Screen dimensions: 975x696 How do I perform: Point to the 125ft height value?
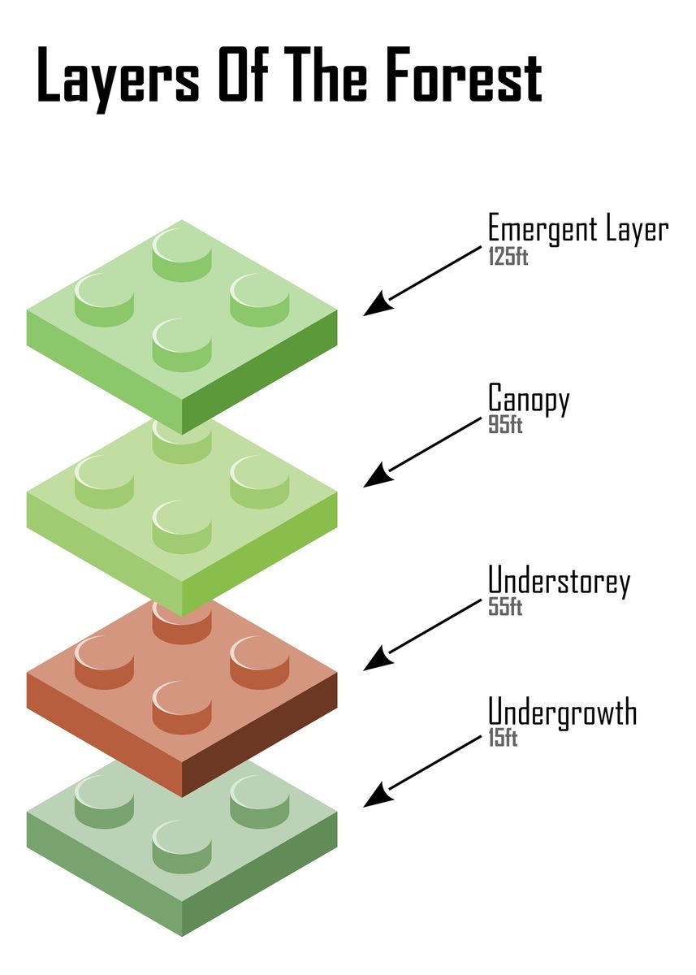tap(508, 258)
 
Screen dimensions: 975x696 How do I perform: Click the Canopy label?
tap(529, 400)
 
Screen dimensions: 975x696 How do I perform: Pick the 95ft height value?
tap(504, 425)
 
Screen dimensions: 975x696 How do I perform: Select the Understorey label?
tap(559, 583)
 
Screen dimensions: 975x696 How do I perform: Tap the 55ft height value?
tap(504, 607)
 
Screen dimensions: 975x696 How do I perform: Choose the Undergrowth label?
tap(562, 713)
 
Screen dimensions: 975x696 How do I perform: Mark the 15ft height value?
tap(503, 739)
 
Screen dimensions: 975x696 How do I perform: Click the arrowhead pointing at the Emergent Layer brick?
tap(374, 307)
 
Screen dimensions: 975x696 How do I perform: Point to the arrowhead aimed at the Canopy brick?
tap(374, 479)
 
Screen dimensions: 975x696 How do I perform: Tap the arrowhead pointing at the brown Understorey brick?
tap(374, 662)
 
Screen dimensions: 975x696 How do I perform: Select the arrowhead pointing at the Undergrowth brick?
tap(374, 799)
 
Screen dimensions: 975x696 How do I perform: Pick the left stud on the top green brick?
tap(104, 301)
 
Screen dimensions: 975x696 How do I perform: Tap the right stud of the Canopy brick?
tap(259, 482)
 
